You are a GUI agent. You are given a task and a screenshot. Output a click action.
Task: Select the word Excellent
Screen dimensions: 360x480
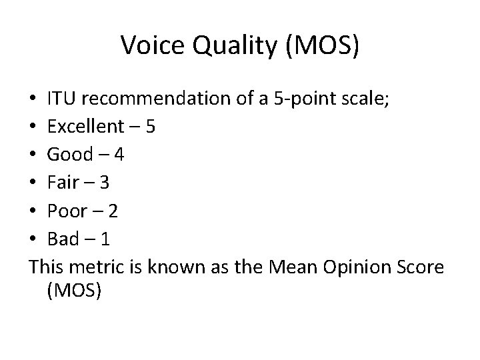pos(85,127)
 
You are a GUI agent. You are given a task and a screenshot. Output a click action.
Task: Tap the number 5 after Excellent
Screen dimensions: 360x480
pos(151,127)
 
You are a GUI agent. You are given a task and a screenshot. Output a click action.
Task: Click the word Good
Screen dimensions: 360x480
pos(70,155)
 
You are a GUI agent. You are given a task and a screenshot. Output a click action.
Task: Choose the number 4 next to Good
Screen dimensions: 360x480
pos(119,155)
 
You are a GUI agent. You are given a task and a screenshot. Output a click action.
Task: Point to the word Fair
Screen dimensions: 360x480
pos(64,183)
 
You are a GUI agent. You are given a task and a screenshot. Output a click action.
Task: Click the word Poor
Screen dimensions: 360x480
pos(68,211)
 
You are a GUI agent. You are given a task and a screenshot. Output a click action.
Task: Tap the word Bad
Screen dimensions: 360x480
pos(64,239)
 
